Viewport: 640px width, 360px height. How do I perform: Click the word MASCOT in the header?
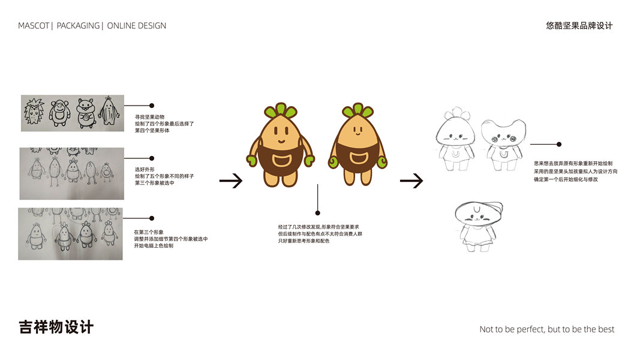pos(34,26)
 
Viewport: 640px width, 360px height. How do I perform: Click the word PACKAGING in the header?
pos(78,26)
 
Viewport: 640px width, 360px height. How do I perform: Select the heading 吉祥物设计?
pos(56,328)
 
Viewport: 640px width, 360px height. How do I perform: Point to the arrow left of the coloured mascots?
pos(230,180)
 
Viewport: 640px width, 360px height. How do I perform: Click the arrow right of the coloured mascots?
pos(411,180)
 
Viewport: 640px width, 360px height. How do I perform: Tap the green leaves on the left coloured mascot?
pos(280,110)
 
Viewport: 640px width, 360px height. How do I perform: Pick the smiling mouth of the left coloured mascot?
pos(281,142)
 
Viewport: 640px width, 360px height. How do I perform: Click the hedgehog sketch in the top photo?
pos(34,112)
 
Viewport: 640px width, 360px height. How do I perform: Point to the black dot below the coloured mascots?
pos(317,212)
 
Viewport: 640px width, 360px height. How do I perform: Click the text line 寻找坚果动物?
pos(150,116)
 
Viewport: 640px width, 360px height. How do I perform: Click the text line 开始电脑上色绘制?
pos(154,245)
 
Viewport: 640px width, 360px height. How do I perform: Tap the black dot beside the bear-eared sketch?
pos(559,144)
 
